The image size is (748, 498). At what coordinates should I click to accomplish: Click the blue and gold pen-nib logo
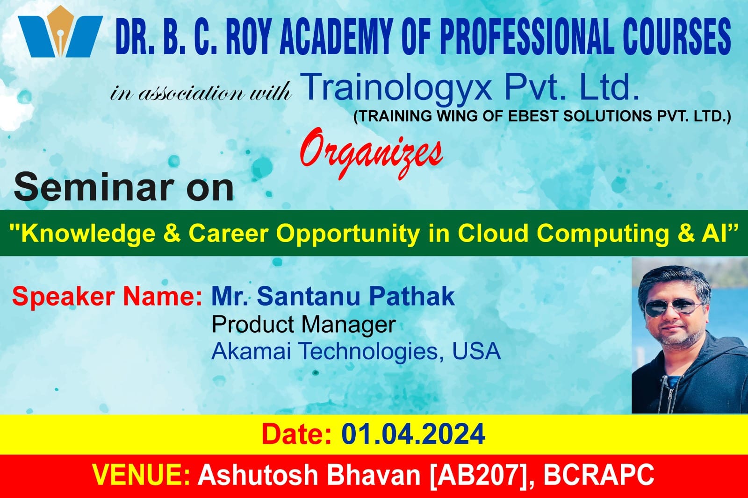(60, 32)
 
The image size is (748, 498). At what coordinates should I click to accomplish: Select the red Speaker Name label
(107, 297)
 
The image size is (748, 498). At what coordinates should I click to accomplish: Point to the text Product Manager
(304, 324)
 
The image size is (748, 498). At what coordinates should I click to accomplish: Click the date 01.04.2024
(413, 434)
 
